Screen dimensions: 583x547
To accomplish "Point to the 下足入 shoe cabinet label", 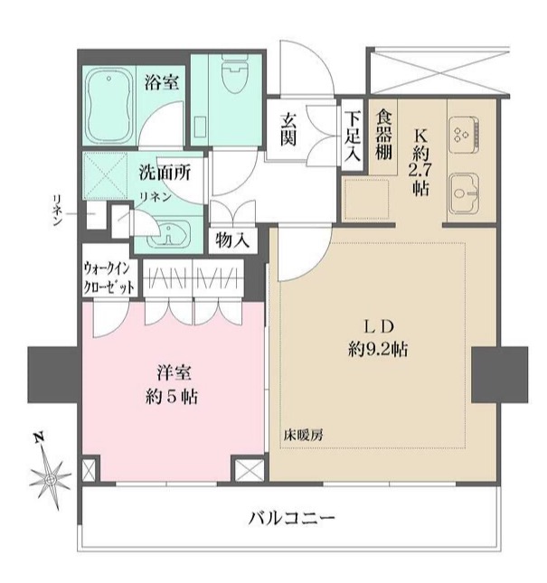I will pos(353,136).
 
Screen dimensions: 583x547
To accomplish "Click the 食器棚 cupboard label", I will pos(383,136).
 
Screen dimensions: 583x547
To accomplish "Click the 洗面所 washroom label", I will pos(164,172).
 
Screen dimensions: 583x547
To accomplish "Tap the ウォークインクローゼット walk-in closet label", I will pos(109,276).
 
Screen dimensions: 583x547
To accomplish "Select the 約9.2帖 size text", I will pos(373,347).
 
